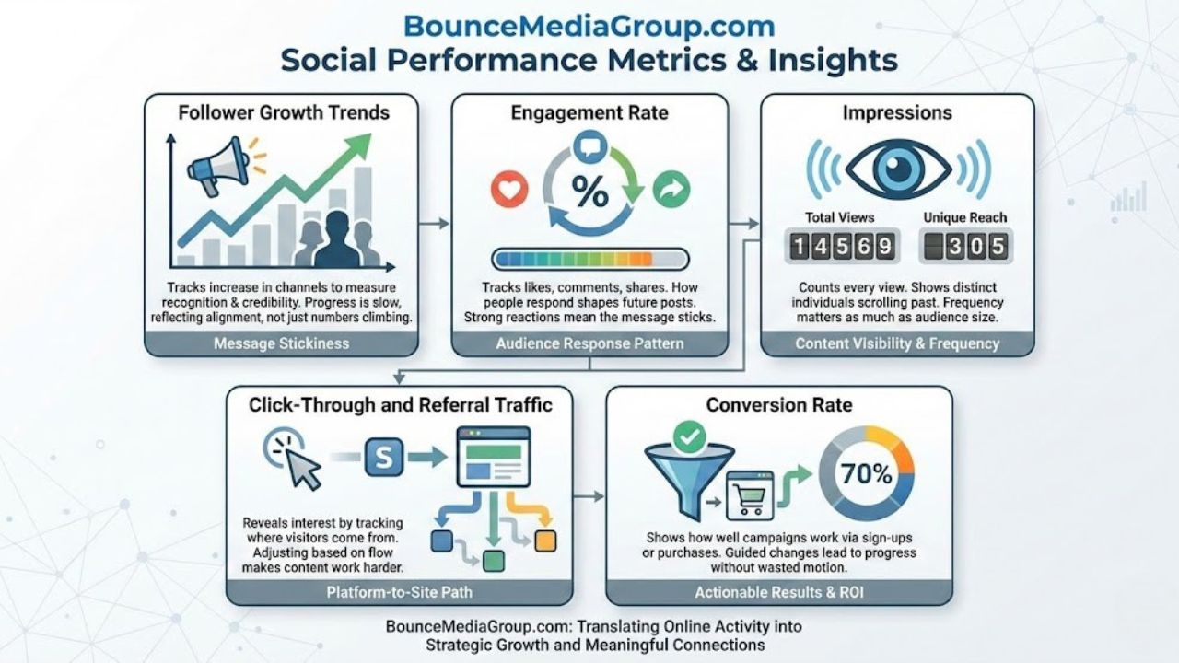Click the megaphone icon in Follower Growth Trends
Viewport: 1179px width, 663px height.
pos(214,165)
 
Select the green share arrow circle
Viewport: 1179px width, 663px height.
pos(671,190)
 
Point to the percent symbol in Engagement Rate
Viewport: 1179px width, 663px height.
pos(589,192)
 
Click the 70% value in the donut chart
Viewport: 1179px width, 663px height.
pos(867,474)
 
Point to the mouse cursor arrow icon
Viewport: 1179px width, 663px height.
pos(299,465)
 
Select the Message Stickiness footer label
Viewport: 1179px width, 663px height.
pos(281,343)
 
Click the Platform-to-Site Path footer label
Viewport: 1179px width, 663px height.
pos(399,592)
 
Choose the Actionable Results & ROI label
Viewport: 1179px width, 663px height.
pos(778,592)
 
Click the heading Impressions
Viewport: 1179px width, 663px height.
pos(896,113)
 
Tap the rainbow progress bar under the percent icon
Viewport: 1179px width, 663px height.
pos(589,259)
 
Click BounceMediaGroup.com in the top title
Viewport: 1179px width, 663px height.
pos(589,25)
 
